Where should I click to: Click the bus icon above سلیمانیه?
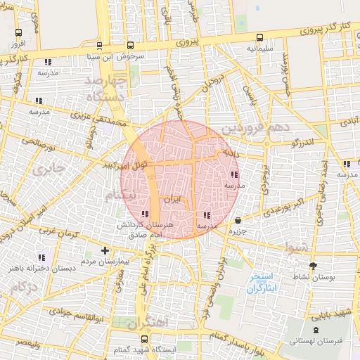point(259,37)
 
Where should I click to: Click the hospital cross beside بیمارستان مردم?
point(105,250)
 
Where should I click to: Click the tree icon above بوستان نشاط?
point(313,265)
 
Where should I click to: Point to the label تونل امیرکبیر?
point(125,166)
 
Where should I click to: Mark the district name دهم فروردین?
point(255,129)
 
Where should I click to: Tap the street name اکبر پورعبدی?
point(279,209)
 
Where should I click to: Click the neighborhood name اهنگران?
point(150,322)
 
